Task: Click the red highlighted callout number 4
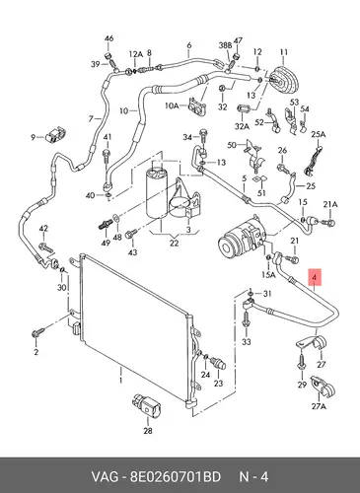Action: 315,278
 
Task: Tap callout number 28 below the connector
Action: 148,430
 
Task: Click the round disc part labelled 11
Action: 284,79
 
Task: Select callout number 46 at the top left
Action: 108,38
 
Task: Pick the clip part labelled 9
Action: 56,134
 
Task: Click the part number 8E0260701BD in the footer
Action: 176,476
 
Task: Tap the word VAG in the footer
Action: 104,476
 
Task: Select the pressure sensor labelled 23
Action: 219,364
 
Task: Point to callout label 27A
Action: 319,406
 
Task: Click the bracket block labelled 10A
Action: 197,106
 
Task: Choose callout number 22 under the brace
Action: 174,243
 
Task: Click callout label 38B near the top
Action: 226,45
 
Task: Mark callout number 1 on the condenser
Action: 120,380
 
